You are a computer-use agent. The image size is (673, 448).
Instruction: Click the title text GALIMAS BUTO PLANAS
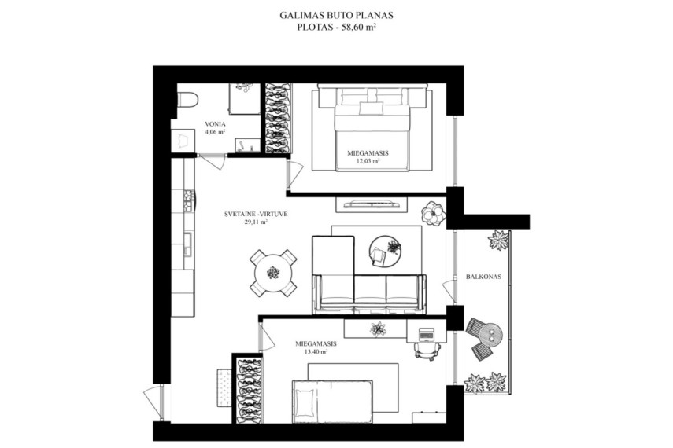337,16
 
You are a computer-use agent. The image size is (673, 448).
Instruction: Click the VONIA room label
215,124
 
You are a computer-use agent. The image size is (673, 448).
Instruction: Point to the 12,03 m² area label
368,162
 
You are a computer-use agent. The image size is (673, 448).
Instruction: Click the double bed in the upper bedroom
372,127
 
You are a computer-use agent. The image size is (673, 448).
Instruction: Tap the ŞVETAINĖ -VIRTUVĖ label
256,214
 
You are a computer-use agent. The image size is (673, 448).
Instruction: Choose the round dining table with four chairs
273,272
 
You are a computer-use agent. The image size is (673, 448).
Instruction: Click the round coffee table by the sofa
385,252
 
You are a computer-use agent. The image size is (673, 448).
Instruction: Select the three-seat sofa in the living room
370,294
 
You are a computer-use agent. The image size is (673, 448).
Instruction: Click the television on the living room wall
372,204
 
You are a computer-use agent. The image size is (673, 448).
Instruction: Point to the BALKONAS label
483,277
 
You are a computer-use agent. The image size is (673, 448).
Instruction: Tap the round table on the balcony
491,334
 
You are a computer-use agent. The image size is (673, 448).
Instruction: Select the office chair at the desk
427,351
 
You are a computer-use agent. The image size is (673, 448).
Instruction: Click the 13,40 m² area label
315,352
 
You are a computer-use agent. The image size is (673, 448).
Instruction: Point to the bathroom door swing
213,162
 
